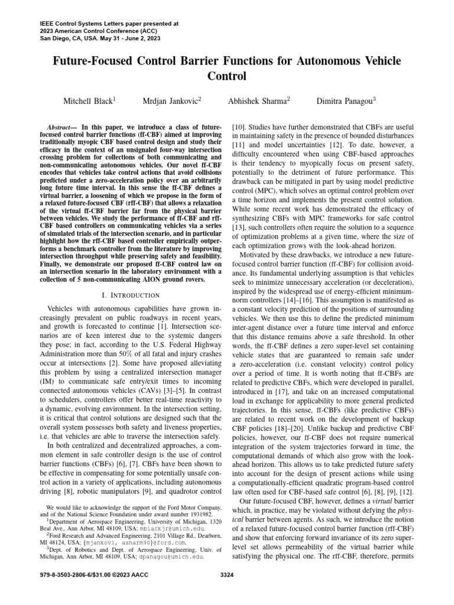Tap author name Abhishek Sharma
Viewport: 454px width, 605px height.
[257, 102]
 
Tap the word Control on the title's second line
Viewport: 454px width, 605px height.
[227, 77]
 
